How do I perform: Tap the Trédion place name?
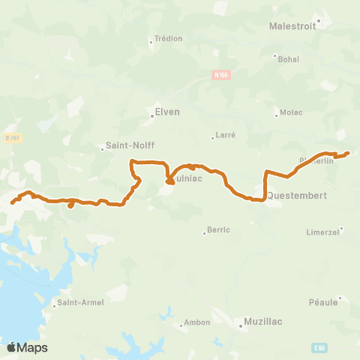[168, 38]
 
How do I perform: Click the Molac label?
[291, 112]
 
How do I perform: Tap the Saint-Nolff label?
[130, 147]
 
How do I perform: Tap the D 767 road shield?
[11, 137]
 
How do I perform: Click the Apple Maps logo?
[27, 347]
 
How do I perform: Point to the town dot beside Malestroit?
[319, 21]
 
